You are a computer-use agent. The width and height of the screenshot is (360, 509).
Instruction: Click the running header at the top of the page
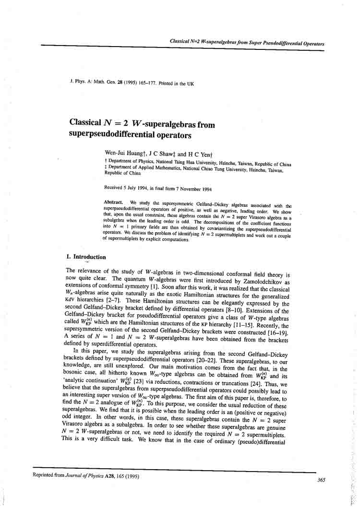click(247, 43)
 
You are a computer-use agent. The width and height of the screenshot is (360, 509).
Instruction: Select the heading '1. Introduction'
click(86, 257)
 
